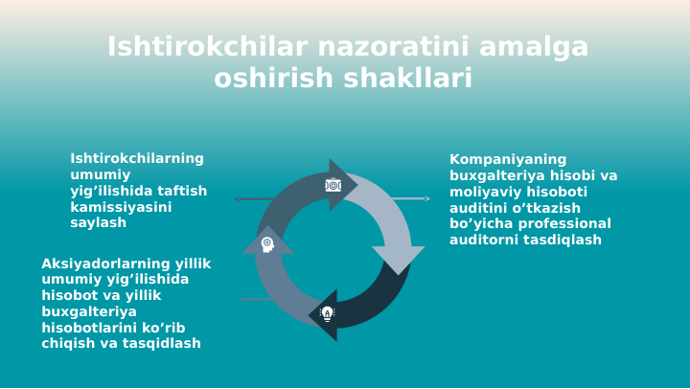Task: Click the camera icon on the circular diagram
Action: click(x=333, y=185)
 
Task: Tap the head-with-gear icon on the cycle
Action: click(x=267, y=244)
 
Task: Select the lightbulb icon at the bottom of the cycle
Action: click(x=327, y=313)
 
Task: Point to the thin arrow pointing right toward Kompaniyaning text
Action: click(x=410, y=199)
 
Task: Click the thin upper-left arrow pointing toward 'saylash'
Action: click(x=254, y=199)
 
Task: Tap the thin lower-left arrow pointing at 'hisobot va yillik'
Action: click(x=255, y=300)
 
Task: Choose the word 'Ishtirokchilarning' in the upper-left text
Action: click(x=137, y=159)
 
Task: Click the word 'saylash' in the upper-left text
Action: click(x=98, y=223)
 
